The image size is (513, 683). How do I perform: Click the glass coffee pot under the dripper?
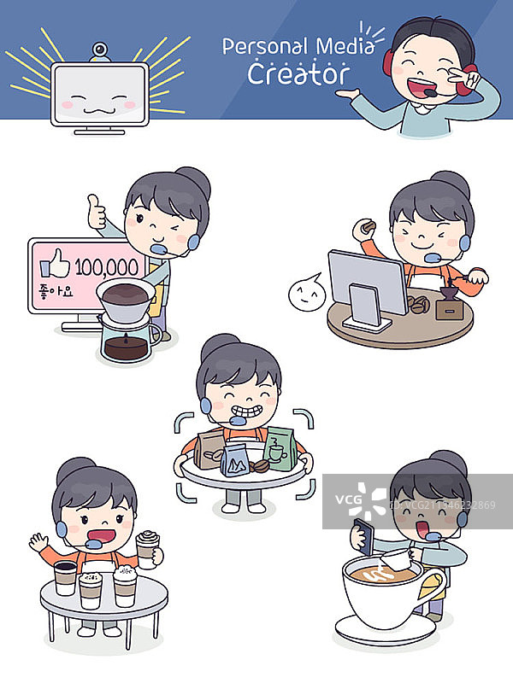pos(128,341)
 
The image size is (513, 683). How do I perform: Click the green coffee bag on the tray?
pos(279,447)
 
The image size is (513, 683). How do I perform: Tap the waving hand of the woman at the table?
pos(38,543)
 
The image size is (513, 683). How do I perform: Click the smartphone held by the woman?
pos(362,533)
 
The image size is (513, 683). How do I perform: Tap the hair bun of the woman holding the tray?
pos(217,344)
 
